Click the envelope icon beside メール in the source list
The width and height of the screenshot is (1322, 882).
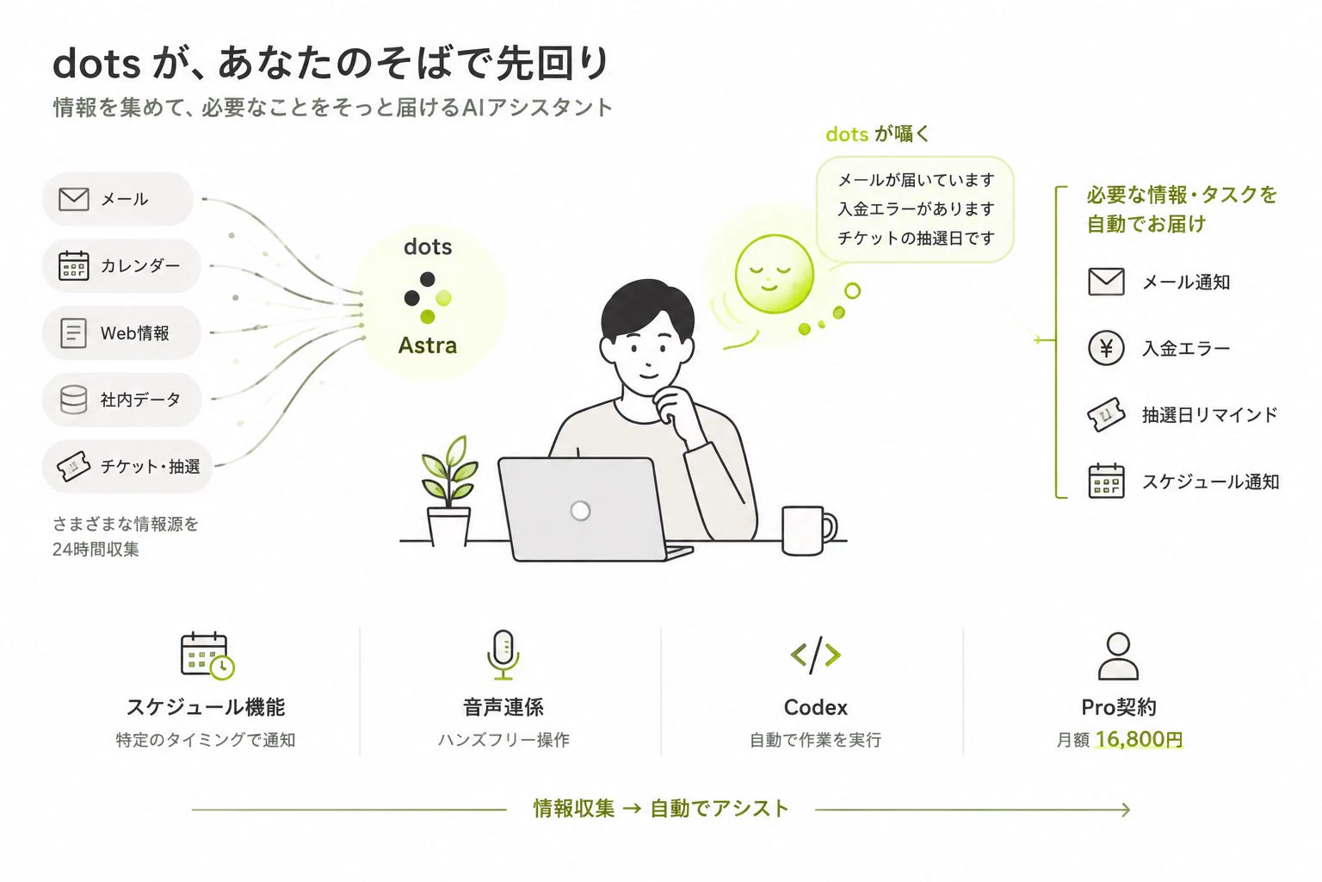tap(74, 199)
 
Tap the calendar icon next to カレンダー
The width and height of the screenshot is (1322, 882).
tap(74, 265)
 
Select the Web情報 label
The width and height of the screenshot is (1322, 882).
tap(134, 333)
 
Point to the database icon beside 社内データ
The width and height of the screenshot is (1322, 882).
tap(74, 400)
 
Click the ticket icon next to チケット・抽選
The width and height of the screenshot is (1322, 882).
tap(73, 466)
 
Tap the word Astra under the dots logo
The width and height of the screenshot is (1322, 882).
tap(427, 345)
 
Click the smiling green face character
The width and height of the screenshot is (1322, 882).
tap(775, 274)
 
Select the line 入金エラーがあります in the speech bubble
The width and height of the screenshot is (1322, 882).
tap(916, 208)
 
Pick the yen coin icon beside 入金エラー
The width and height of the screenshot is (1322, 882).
tap(1106, 348)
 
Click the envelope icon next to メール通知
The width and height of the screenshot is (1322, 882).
tap(1106, 282)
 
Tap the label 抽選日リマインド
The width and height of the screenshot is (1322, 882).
tap(1210, 414)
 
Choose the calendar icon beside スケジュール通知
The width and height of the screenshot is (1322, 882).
tap(1106, 481)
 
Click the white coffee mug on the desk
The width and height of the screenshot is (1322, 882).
tap(808, 530)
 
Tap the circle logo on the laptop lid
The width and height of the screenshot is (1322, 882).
tap(580, 511)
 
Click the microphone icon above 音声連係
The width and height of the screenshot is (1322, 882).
tap(503, 655)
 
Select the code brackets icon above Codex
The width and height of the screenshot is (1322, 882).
tap(816, 655)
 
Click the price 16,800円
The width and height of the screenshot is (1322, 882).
tap(1139, 739)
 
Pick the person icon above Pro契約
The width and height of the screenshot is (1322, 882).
tap(1118, 655)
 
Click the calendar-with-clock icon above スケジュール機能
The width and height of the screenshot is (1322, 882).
tap(207, 655)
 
